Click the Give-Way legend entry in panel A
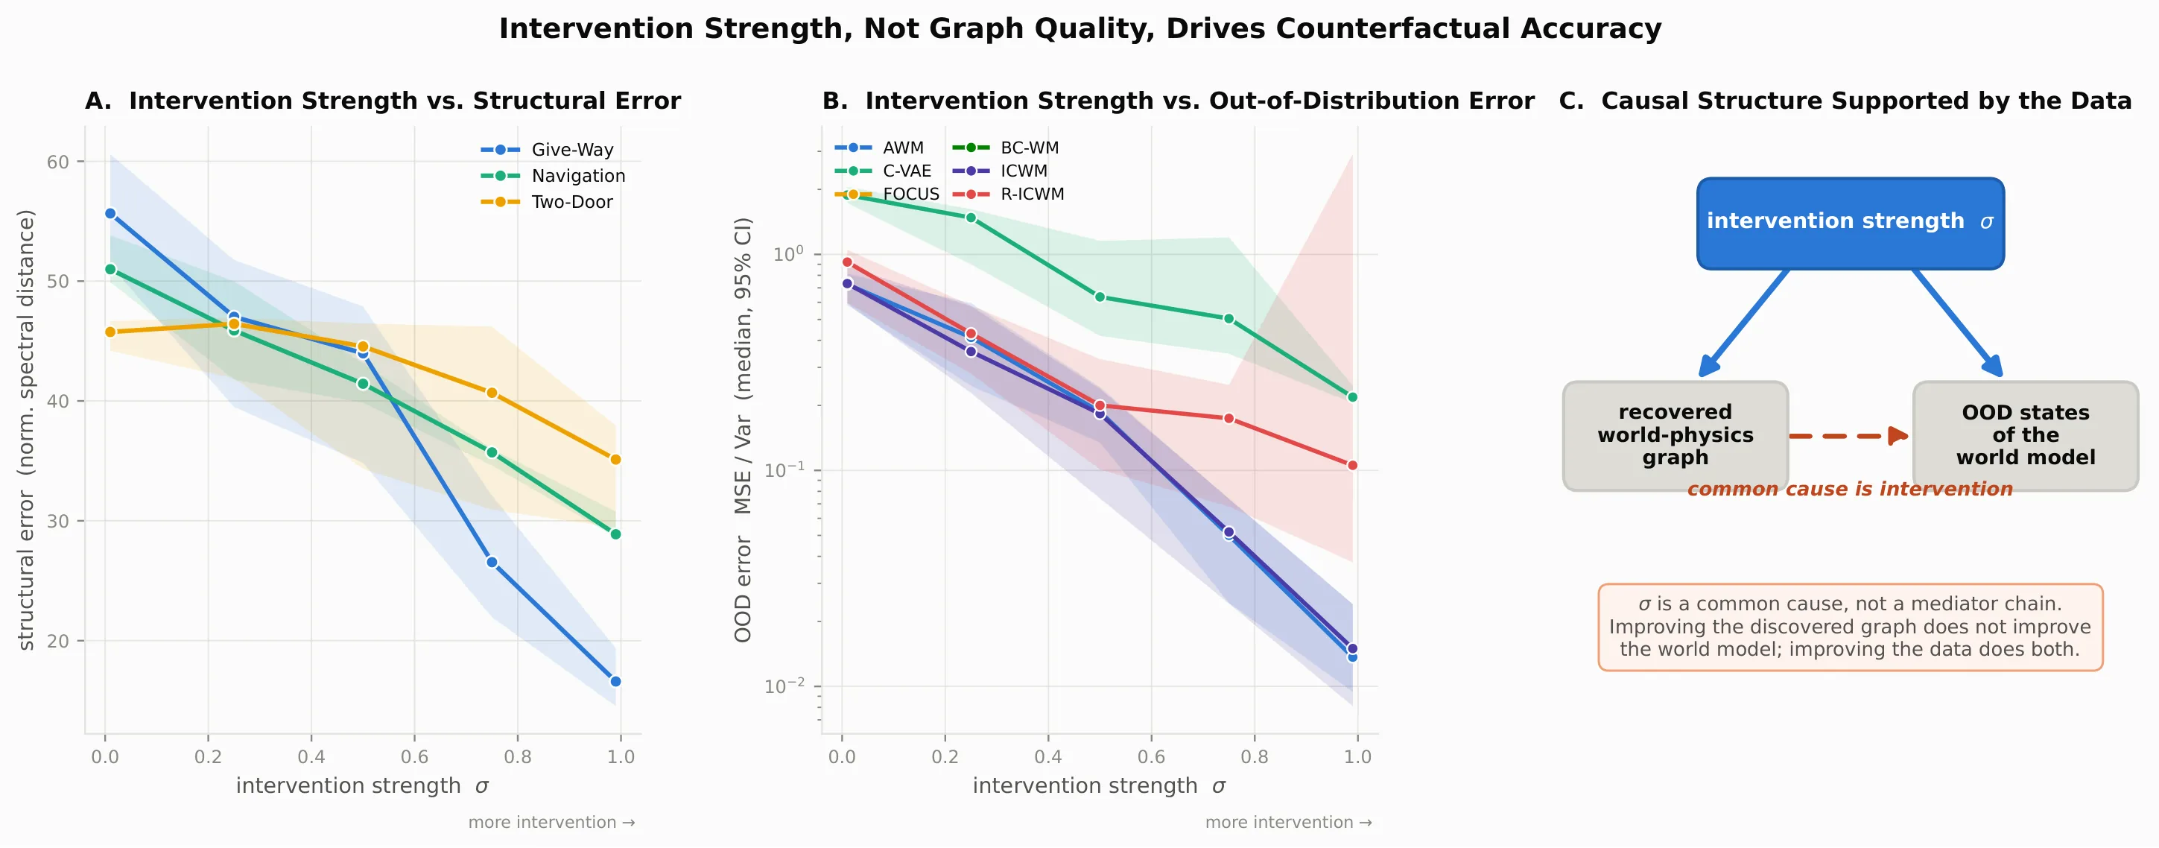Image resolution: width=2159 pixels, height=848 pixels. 548,149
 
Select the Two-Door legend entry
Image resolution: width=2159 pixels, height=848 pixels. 547,202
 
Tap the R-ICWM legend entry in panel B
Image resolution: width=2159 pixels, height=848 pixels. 1008,194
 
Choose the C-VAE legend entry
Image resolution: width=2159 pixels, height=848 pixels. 884,171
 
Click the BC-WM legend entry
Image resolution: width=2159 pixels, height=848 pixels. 1006,148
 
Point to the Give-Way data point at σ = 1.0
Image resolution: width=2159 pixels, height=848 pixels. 615,681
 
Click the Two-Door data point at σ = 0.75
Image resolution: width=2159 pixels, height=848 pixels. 492,393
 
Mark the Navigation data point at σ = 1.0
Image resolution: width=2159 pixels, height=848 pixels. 615,534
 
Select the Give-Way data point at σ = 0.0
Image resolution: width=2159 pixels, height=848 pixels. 110,214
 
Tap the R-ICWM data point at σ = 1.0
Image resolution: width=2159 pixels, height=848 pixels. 1352,465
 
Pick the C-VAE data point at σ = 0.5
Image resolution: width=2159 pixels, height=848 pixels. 1100,297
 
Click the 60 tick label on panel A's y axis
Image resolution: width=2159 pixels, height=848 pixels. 58,162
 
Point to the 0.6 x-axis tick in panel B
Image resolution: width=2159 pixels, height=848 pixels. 1151,756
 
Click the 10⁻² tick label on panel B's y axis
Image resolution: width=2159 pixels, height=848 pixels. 784,686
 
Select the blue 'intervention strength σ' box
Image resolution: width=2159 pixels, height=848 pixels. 1851,223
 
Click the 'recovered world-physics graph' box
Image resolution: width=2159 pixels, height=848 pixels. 1675,436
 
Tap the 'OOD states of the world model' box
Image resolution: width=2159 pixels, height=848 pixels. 2026,436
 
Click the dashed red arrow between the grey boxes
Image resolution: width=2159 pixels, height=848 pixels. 1849,436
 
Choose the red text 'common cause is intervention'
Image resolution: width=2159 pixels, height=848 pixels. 1850,490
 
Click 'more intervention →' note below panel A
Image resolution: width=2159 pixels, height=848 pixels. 551,822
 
